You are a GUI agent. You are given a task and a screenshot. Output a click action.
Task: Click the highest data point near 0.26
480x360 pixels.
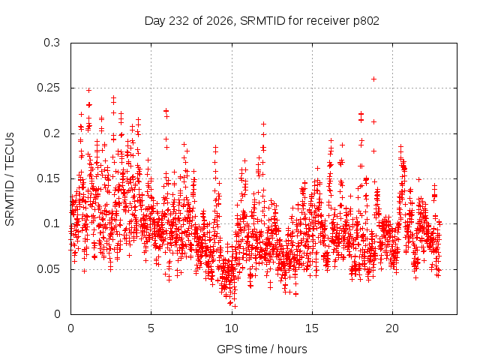coord(373,79)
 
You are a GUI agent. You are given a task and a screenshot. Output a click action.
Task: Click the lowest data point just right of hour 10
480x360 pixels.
coord(235,306)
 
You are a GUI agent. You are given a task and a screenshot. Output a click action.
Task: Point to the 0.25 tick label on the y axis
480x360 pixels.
coord(48,88)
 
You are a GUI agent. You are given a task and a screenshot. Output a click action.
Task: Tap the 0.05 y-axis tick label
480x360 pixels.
coord(48,269)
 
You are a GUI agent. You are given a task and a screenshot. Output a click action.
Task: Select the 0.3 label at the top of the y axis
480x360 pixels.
coord(52,43)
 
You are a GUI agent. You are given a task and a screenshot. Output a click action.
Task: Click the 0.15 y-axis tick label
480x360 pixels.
coord(48,178)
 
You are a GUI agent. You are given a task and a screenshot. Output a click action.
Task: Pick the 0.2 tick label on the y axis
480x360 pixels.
coord(52,133)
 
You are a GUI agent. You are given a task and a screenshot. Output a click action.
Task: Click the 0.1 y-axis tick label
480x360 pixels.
coord(52,223)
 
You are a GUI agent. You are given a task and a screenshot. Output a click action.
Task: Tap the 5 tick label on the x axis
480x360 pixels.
coord(151,328)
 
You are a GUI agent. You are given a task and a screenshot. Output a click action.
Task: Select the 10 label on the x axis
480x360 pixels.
coord(232,328)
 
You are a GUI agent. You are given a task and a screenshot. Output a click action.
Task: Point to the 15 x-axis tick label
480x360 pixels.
coord(312,328)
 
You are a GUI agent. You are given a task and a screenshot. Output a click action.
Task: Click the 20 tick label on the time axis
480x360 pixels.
coord(392,328)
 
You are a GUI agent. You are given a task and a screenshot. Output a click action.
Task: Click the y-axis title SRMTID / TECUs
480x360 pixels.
coord(10,179)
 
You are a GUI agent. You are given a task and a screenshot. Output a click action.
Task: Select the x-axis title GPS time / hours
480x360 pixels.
coord(262,349)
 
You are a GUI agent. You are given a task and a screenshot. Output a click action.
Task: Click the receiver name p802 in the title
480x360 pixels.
coord(366,21)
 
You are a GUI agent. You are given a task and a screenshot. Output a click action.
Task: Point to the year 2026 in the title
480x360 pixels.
coord(219,21)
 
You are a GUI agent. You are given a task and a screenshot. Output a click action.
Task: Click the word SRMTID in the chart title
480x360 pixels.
coord(262,21)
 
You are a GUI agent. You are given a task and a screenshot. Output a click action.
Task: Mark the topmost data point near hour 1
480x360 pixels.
coord(88,90)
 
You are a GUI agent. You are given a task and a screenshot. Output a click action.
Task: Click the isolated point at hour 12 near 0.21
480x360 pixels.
coord(263,124)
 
